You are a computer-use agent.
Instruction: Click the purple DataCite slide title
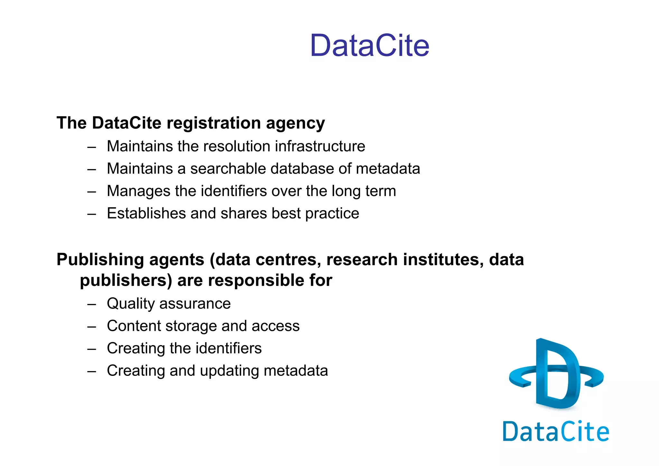[369, 45]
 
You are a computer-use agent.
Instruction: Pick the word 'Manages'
[139, 191]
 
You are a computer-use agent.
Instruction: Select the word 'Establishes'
[146, 213]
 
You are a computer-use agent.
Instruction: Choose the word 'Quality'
[131, 304]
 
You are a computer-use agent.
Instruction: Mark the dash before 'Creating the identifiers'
[92, 349]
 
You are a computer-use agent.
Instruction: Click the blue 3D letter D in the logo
[557, 373]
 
